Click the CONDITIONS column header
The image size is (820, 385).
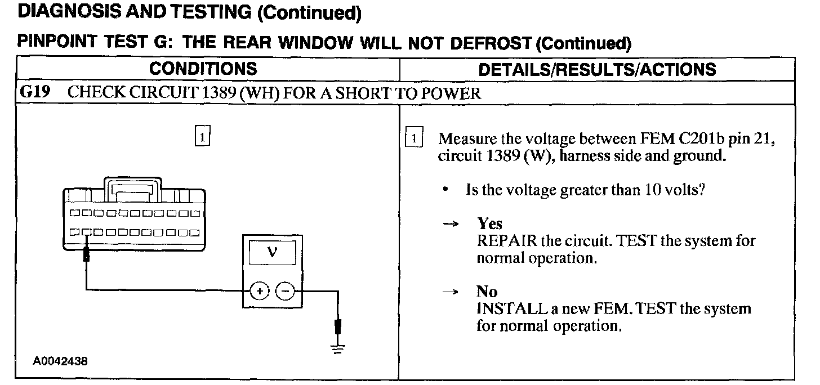pyautogui.click(x=203, y=69)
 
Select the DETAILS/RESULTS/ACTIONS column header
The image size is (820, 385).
pyautogui.click(x=597, y=69)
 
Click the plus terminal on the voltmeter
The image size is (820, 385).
pyautogui.click(x=259, y=291)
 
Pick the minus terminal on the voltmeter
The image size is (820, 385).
pyautogui.click(x=286, y=291)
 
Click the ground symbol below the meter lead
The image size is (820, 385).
pyautogui.click(x=338, y=347)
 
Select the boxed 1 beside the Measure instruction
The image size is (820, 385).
pyautogui.click(x=414, y=138)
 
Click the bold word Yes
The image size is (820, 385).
pyautogui.click(x=489, y=224)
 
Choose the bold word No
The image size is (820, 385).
pyautogui.click(x=487, y=292)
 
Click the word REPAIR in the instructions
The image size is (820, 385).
pyautogui.click(x=506, y=241)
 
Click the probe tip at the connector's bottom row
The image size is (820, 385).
pyautogui.click(x=87, y=253)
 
